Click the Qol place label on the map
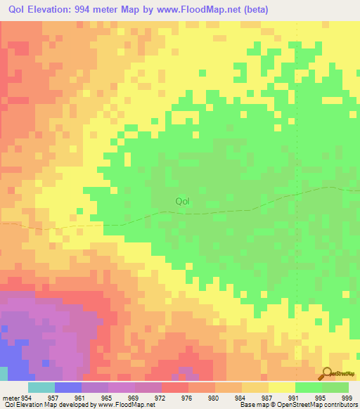(x=182, y=202)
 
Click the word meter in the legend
(x=11, y=397)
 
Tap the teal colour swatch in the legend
(x=41, y=387)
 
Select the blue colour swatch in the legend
(x=68, y=387)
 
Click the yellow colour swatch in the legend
(x=282, y=387)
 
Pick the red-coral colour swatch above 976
(x=175, y=387)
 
